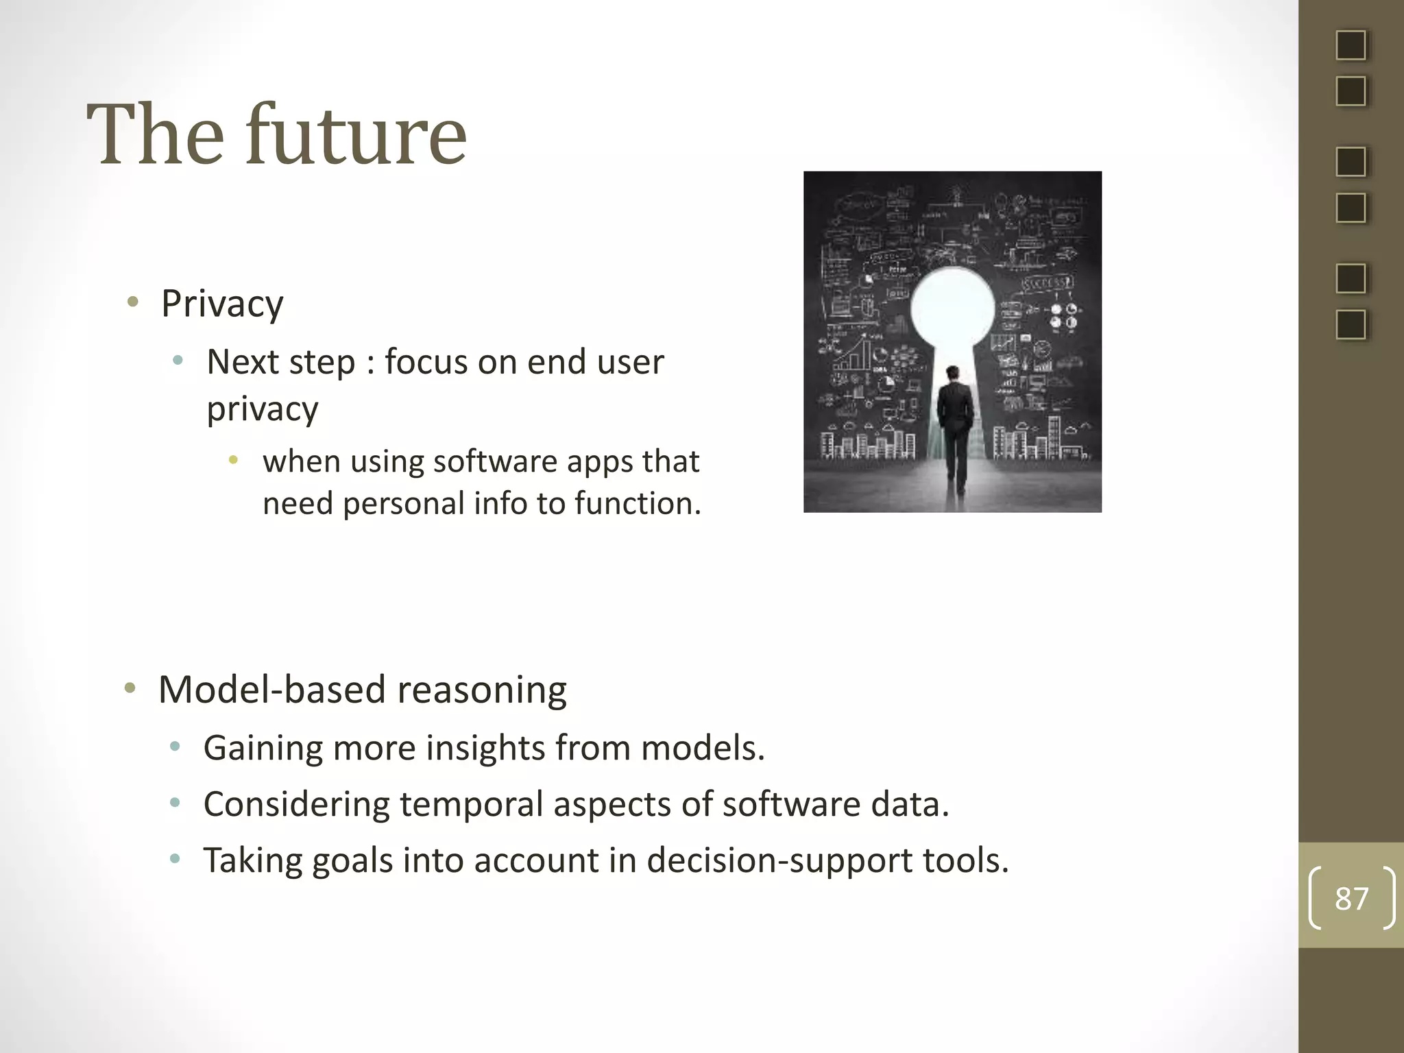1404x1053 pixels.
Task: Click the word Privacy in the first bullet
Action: pos(222,304)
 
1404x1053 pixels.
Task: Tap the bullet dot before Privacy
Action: pos(133,301)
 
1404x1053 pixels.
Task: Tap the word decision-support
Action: pos(779,860)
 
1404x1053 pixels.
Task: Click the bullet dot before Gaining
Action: pos(175,746)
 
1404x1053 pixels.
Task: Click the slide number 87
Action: pos(1351,898)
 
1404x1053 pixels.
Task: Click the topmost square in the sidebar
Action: pos(1351,45)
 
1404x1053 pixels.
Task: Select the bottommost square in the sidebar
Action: pos(1351,324)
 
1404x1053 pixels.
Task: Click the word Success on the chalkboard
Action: pos(1046,283)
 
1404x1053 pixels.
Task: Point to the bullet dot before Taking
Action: pos(175,858)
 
